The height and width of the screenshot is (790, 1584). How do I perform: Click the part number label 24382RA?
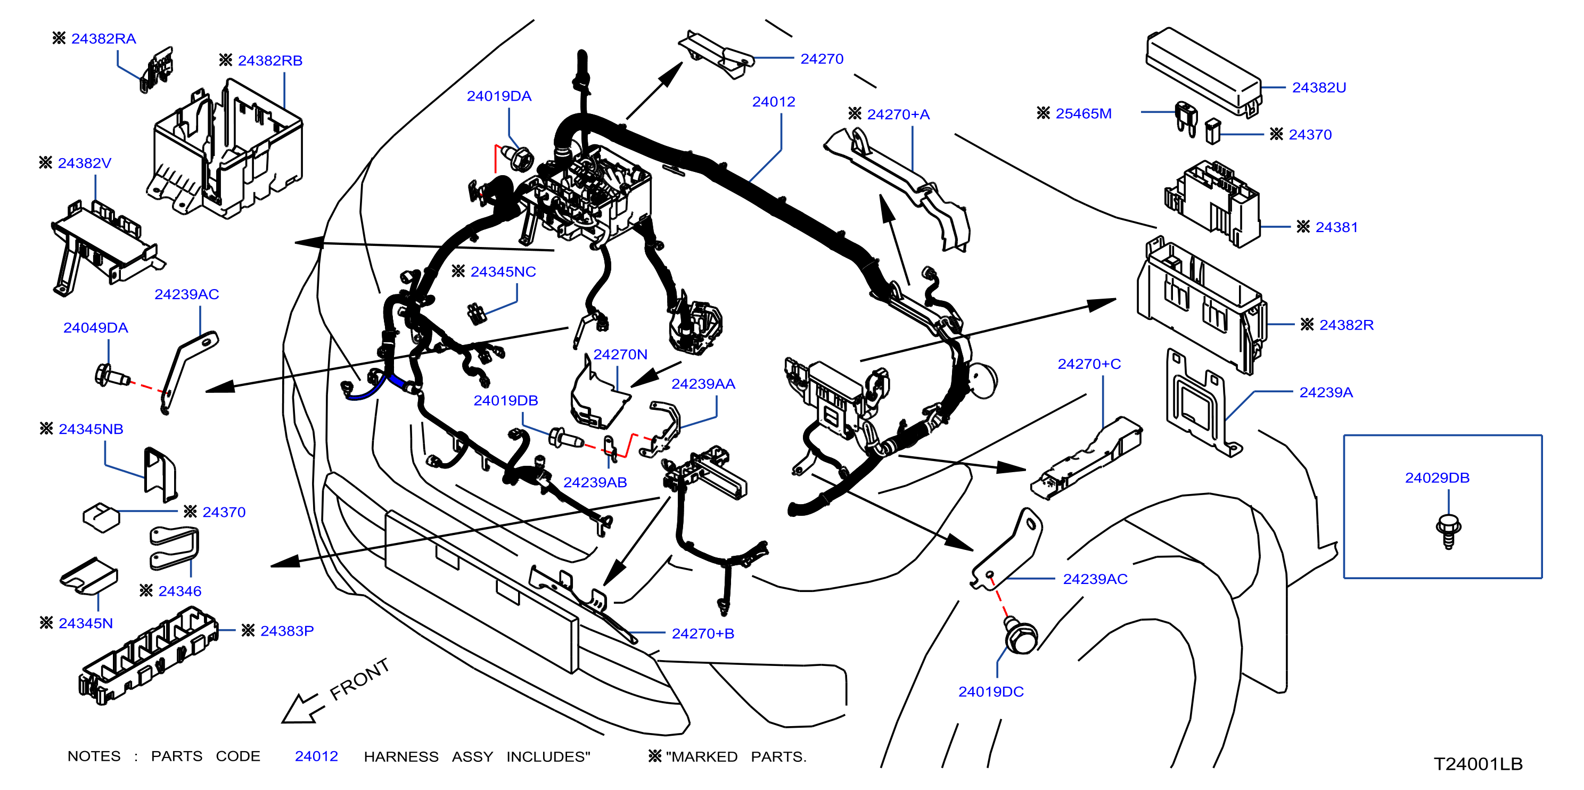click(103, 39)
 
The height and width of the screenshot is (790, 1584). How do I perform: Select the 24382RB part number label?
click(270, 61)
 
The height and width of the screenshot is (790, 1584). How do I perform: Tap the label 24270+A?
click(898, 114)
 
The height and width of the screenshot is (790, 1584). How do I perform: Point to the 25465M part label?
click(1084, 114)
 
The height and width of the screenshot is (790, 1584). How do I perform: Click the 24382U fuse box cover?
click(1203, 72)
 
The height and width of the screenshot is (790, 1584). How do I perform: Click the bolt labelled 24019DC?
click(1020, 636)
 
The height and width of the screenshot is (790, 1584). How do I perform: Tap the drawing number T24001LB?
click(1478, 764)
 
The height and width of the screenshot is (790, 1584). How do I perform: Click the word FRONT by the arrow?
click(360, 679)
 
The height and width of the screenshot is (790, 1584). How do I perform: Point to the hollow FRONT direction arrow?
click(301, 708)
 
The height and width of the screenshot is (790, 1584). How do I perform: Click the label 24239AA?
click(703, 384)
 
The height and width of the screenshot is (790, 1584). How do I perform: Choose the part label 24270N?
click(620, 355)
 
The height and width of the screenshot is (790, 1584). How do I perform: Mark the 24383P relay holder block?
click(148, 655)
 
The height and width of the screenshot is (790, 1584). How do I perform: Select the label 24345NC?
click(503, 271)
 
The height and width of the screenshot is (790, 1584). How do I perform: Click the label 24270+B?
click(703, 634)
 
